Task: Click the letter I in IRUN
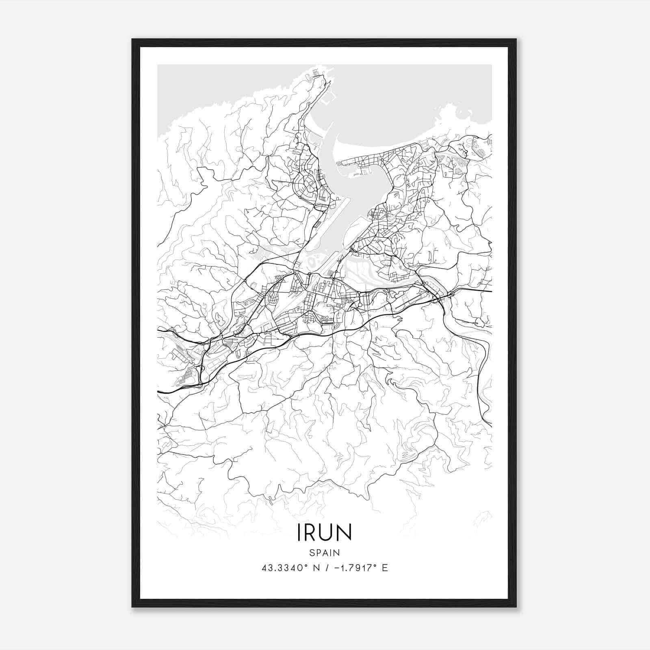[300, 533]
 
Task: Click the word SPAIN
[324, 552]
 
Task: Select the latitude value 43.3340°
[281, 568]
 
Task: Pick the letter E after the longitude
[385, 568]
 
